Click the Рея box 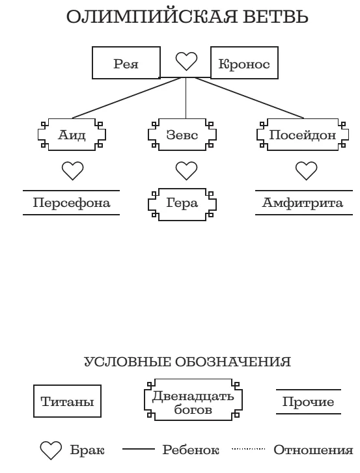coord(126,62)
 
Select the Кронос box coord(244,62)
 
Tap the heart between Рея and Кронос coord(186,61)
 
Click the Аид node coord(72,135)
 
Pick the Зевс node coord(182,135)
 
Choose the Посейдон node coord(303,135)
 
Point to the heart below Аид coord(72,170)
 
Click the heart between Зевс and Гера coord(186,170)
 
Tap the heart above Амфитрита coord(306,170)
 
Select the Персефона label coord(71,203)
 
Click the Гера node coord(182,204)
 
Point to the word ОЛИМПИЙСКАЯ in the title coord(152,17)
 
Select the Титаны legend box coord(67,401)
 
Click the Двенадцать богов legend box coord(193,399)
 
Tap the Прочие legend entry coord(309,401)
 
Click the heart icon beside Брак coord(51,450)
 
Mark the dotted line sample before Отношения coord(248,449)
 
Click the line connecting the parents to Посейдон coord(249,98)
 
